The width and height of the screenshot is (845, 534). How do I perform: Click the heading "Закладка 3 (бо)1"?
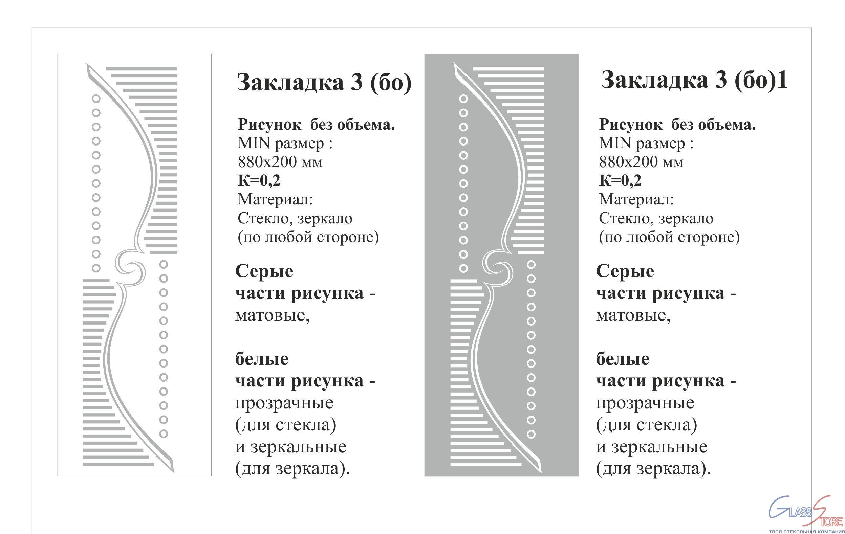tap(694, 80)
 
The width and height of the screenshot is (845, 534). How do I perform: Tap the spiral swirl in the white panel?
tap(130, 268)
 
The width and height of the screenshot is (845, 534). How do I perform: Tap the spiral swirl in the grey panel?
tap(498, 268)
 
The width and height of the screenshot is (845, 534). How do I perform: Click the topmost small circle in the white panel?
tap(96, 98)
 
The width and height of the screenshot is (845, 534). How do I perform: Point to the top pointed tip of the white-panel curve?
tap(86, 63)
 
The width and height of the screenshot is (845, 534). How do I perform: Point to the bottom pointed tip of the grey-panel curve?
tap(541, 473)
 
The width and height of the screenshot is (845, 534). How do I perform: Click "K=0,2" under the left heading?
tap(259, 181)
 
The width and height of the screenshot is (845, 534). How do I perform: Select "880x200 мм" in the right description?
tap(641, 162)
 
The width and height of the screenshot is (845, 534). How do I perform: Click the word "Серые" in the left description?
tap(264, 271)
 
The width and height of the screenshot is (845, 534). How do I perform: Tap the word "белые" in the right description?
tap(623, 359)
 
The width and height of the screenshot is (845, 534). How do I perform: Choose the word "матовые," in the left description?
tap(272, 315)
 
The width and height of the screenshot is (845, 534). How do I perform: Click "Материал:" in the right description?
tap(636, 199)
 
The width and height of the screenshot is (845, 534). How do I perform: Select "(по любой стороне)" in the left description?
tap(308, 237)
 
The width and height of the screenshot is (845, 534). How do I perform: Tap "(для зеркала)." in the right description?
tap(653, 469)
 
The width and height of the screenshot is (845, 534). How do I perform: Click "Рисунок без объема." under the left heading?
tap(317, 125)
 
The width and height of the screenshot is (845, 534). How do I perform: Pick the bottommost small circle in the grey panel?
tap(531, 435)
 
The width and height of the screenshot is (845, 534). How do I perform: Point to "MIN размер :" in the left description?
tap(285, 143)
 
